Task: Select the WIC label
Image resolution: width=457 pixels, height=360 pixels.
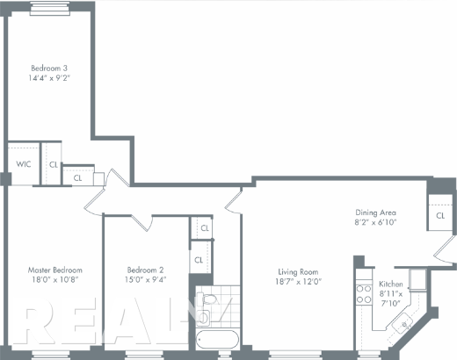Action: (24, 164)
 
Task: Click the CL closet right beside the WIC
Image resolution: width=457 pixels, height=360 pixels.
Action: (54, 164)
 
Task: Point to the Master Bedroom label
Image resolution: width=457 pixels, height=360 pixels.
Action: (55, 270)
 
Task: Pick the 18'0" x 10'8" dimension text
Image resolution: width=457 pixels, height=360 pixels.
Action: (55, 281)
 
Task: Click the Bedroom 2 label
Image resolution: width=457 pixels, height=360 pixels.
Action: (146, 270)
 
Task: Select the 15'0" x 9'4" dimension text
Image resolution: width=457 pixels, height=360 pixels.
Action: (146, 281)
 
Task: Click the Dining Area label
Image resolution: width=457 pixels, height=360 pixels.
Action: (376, 213)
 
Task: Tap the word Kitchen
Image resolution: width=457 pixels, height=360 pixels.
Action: (391, 284)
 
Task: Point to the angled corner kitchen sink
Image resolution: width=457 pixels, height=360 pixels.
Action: (405, 326)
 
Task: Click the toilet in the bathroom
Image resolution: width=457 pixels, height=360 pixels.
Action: (207, 308)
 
